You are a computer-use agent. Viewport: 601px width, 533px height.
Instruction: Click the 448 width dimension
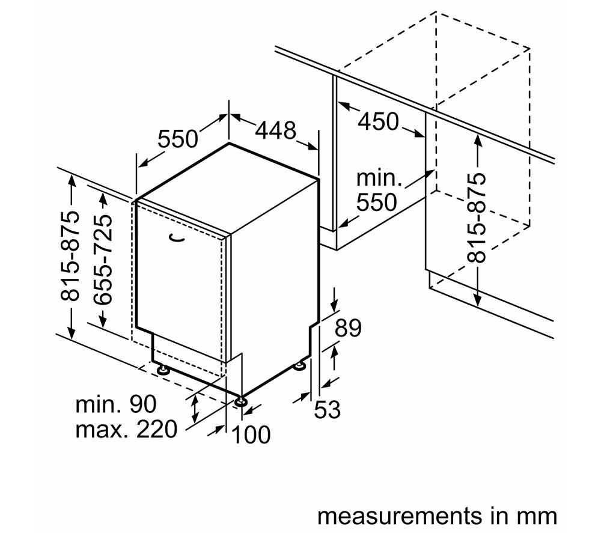click(x=276, y=130)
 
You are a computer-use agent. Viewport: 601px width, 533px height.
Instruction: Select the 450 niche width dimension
click(x=378, y=121)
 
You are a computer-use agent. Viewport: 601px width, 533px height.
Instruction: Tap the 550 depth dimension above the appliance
click(x=178, y=139)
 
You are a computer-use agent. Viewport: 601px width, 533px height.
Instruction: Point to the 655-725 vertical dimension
click(x=103, y=260)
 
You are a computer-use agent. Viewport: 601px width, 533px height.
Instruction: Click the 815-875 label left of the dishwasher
click(x=70, y=255)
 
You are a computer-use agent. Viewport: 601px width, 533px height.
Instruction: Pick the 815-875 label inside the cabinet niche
click(x=477, y=218)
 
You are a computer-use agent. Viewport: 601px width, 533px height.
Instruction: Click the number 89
click(x=348, y=328)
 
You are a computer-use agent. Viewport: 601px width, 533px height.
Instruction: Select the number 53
click(x=327, y=409)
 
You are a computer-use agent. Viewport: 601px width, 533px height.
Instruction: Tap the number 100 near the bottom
click(x=251, y=434)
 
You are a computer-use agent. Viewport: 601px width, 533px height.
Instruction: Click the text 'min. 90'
click(x=116, y=404)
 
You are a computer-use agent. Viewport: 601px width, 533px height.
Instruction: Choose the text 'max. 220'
click(x=126, y=429)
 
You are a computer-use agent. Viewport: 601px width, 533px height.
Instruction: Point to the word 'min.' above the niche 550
click(x=379, y=178)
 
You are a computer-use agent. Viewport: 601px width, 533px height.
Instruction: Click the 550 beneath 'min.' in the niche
click(x=376, y=203)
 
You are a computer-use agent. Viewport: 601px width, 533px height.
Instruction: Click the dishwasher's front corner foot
click(x=241, y=401)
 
